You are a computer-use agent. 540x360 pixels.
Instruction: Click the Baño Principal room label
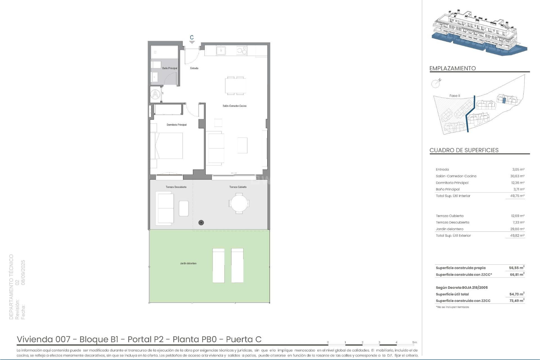170,68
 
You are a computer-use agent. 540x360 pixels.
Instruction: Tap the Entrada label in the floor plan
194,68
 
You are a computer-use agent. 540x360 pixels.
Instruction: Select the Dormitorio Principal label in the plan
177,125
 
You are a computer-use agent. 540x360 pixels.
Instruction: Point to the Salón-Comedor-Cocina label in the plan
235,106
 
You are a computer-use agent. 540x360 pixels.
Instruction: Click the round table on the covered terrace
239,203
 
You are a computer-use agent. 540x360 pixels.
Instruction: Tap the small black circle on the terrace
201,223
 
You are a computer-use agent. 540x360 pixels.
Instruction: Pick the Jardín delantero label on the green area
188,264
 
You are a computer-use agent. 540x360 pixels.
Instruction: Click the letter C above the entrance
192,38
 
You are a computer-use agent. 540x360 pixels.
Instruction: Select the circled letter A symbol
155,94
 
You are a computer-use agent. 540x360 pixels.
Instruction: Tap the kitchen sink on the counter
221,51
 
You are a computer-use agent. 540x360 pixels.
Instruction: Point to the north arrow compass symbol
436,83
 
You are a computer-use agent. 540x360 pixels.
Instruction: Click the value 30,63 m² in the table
517,176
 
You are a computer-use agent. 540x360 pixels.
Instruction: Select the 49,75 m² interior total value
517,196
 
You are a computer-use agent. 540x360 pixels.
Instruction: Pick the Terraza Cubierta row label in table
450,216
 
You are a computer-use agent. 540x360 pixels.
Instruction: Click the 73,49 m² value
517,301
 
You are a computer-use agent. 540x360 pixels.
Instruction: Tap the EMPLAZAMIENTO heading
453,68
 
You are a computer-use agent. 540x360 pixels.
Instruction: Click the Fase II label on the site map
455,96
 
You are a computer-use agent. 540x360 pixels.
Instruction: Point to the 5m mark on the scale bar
415,343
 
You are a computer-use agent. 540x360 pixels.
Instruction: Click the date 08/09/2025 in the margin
23,272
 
